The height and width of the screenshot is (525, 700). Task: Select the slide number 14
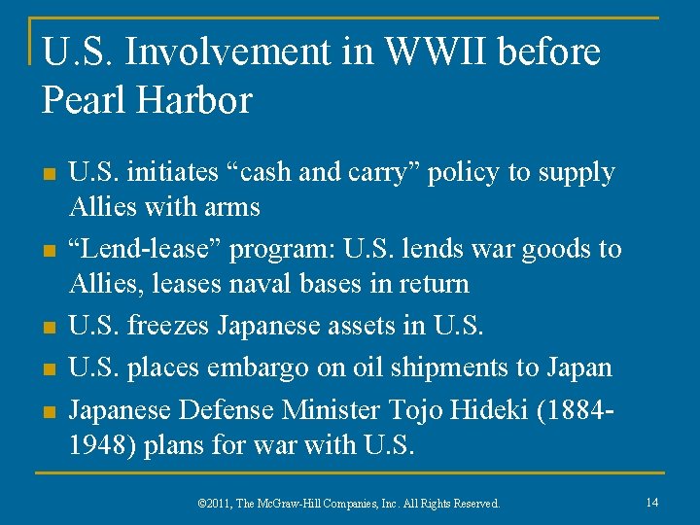pos(650,503)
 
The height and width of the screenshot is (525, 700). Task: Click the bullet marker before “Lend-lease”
pos(49,252)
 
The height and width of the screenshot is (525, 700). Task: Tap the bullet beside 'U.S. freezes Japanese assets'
pos(49,329)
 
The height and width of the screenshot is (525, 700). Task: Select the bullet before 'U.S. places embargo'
pos(49,370)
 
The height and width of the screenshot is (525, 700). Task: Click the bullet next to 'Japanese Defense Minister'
pos(49,411)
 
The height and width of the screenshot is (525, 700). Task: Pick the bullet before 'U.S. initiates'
pos(49,175)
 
